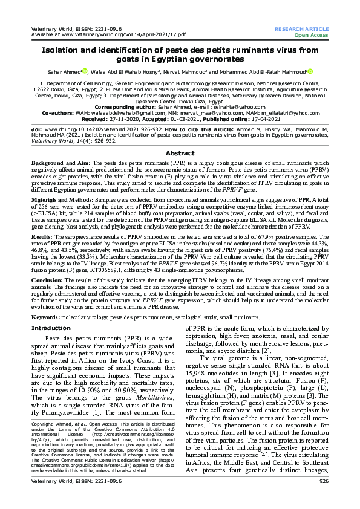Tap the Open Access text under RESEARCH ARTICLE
(314, 35)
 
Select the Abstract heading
(180, 154)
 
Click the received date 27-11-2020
(114, 118)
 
